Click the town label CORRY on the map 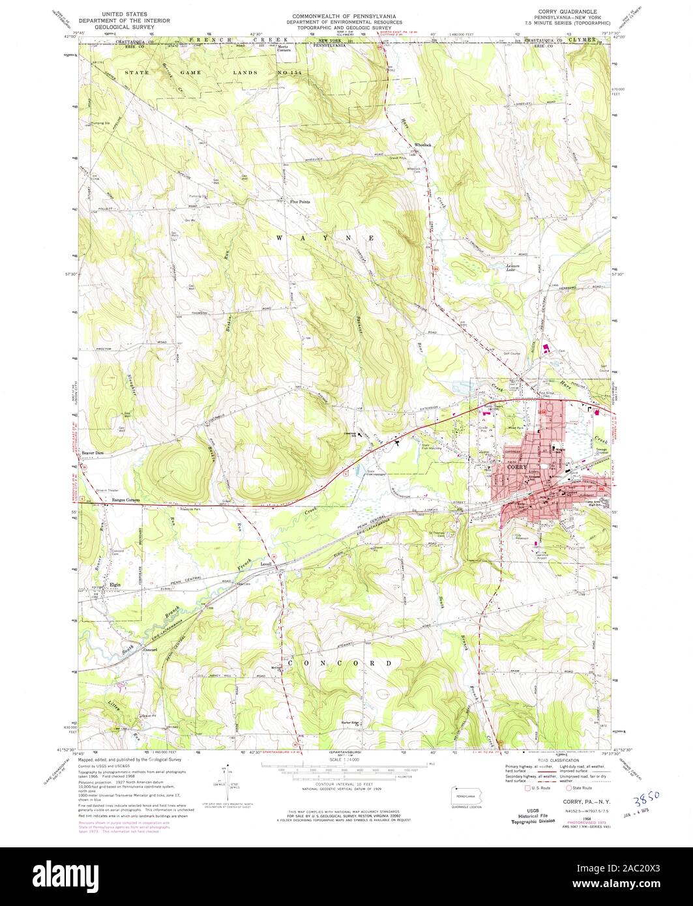[514, 467]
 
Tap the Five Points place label [300, 202]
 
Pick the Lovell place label [265, 563]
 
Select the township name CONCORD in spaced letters [346, 663]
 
